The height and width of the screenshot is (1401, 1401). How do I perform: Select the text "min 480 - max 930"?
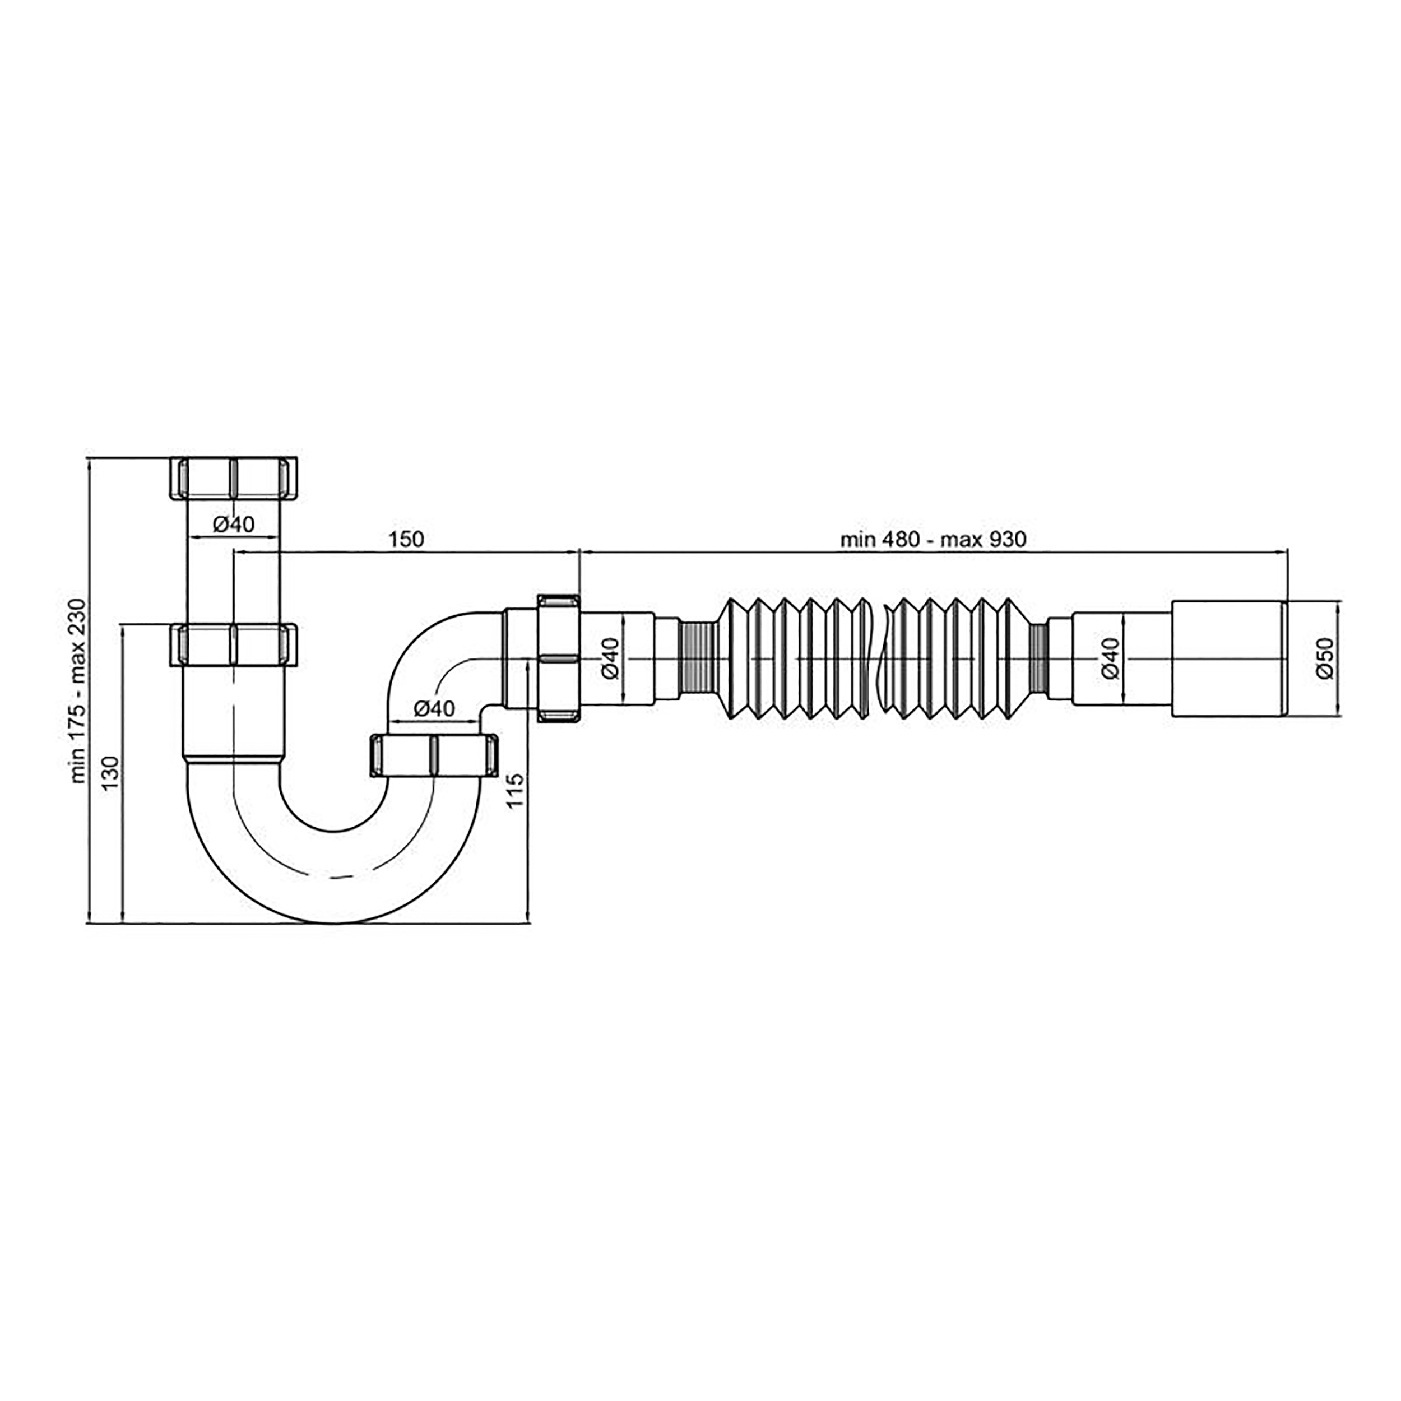point(933,540)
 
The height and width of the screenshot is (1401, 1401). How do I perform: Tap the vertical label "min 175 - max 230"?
point(78,690)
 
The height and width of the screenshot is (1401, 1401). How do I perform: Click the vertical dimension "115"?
point(516,792)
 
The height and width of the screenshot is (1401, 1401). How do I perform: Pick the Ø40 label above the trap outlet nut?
point(434,708)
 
